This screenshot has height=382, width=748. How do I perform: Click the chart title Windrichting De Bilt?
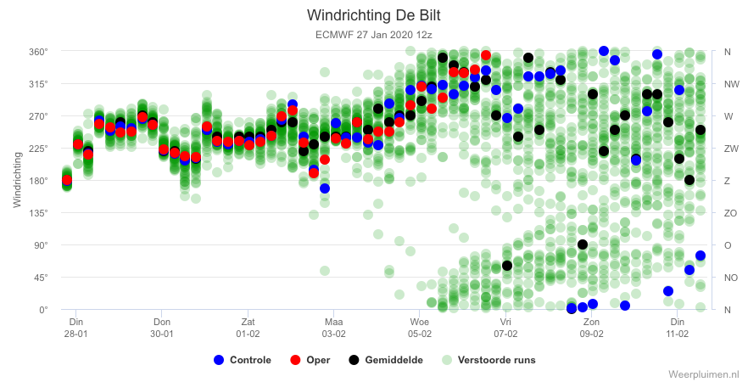(373, 15)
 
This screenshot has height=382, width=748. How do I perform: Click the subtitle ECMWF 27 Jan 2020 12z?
(373, 35)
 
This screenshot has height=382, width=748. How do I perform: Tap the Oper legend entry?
(310, 360)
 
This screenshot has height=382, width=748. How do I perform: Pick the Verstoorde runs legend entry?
(488, 360)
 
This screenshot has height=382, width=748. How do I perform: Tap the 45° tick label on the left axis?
(40, 278)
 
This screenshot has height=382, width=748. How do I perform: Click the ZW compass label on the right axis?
(731, 149)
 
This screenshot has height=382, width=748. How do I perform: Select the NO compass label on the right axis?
(731, 278)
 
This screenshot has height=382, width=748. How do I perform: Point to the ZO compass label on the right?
(731, 213)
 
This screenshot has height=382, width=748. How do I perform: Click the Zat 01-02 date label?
(248, 328)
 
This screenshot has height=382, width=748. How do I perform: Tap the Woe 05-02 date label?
(420, 328)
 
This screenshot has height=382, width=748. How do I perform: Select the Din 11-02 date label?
(678, 328)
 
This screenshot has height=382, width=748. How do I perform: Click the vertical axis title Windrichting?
(18, 180)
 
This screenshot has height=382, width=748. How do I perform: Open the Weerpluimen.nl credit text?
(706, 374)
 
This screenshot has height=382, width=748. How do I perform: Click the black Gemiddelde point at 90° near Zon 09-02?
(582, 244)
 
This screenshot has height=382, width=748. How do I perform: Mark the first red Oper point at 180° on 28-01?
(67, 180)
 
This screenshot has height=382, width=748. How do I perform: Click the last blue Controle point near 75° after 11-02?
(701, 256)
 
